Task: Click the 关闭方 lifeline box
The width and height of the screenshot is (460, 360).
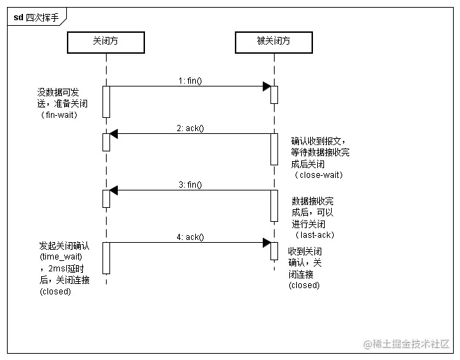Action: coord(106,43)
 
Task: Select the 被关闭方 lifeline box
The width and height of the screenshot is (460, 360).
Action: coord(274,43)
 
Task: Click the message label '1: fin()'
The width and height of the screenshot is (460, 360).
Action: coord(190,81)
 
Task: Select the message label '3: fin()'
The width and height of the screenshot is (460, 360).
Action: coord(190,185)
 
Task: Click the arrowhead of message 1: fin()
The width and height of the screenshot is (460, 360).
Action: coord(267,87)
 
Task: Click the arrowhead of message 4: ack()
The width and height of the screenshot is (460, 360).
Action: coord(267,243)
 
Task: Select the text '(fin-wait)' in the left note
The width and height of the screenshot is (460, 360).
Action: coord(59,114)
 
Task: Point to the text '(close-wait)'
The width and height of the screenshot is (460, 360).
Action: coord(317,175)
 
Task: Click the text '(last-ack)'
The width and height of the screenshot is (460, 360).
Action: coord(314,235)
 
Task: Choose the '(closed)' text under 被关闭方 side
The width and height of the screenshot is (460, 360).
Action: coord(304,285)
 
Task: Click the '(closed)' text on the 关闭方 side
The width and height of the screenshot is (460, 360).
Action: coord(55,292)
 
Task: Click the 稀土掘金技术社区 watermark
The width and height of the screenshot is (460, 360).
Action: coord(408,344)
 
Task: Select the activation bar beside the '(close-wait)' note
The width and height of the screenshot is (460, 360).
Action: coord(274,149)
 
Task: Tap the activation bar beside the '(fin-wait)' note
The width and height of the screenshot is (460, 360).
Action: coord(107,101)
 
